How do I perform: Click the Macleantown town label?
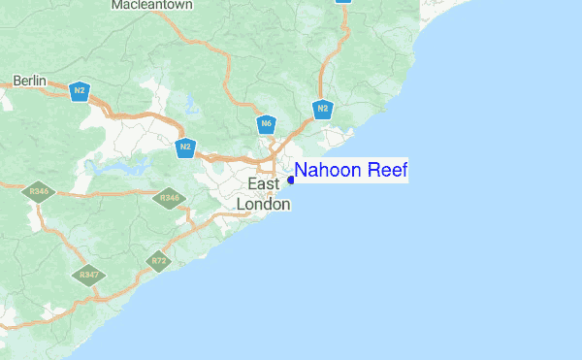(x=152, y=5)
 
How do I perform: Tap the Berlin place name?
(x=29, y=82)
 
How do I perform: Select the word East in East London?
(x=264, y=183)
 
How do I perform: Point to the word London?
(x=264, y=204)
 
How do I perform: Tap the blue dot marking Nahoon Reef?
(x=291, y=180)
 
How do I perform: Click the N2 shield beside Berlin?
(x=80, y=92)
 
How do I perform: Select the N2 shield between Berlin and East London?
(x=185, y=147)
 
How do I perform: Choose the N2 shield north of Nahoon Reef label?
(x=323, y=109)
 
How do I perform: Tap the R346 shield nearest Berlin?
(x=40, y=192)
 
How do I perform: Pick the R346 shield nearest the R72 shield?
(x=170, y=198)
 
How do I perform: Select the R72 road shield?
(x=158, y=260)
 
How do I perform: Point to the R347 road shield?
(x=88, y=275)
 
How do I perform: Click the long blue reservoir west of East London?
(x=116, y=165)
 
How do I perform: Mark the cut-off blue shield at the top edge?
(x=343, y=2)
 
